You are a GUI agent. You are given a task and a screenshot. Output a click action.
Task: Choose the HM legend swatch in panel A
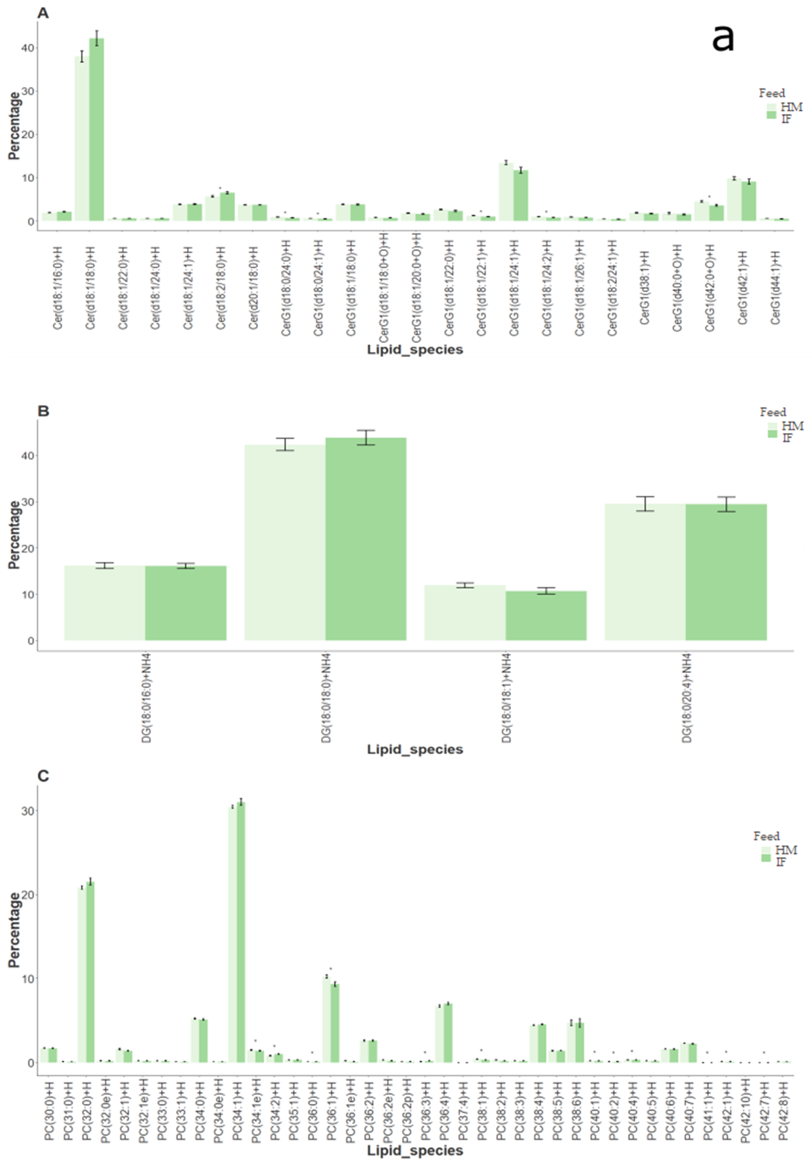[771, 107]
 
